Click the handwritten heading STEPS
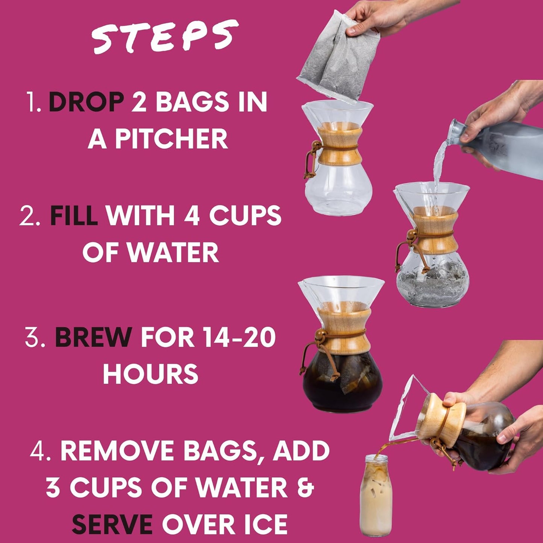click(x=165, y=36)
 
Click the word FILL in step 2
click(x=74, y=215)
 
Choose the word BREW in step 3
click(x=93, y=337)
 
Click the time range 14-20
click(x=238, y=337)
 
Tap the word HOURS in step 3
click(x=150, y=374)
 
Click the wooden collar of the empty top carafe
click(x=340, y=146)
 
